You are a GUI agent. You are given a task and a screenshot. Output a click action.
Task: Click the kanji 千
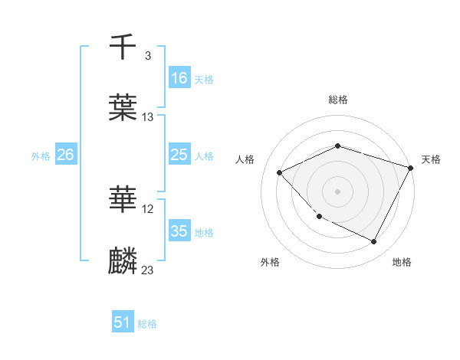[123, 47]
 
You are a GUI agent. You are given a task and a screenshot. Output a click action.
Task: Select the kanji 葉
[123, 108]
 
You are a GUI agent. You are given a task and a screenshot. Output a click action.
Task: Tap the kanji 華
[123, 201]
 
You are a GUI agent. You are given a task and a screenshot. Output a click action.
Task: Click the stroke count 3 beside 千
[147, 56]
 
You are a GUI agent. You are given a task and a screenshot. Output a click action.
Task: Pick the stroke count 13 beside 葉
[148, 117]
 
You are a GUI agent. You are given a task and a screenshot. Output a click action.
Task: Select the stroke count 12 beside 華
[148, 209]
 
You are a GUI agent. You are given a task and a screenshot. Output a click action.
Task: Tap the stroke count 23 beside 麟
[148, 270]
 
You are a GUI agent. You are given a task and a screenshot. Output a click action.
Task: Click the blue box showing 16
[179, 77]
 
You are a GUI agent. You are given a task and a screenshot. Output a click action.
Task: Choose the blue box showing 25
[179, 155]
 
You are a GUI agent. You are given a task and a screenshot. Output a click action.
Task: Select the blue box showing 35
[179, 231]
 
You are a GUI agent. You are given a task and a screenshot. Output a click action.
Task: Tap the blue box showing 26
[66, 155]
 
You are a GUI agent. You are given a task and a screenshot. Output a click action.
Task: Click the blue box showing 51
[123, 323]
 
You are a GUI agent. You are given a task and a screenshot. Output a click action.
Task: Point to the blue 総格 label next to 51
[147, 324]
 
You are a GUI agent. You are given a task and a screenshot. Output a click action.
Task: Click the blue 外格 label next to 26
[41, 155]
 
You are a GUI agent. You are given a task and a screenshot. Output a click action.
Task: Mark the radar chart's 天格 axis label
[431, 159]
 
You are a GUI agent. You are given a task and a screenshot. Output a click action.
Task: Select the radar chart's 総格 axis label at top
[338, 100]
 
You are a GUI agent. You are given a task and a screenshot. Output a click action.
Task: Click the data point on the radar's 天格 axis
[411, 168]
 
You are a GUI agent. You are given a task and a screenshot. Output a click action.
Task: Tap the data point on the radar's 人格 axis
[280, 172]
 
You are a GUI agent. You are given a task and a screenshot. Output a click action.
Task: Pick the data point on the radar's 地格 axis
[374, 242]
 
